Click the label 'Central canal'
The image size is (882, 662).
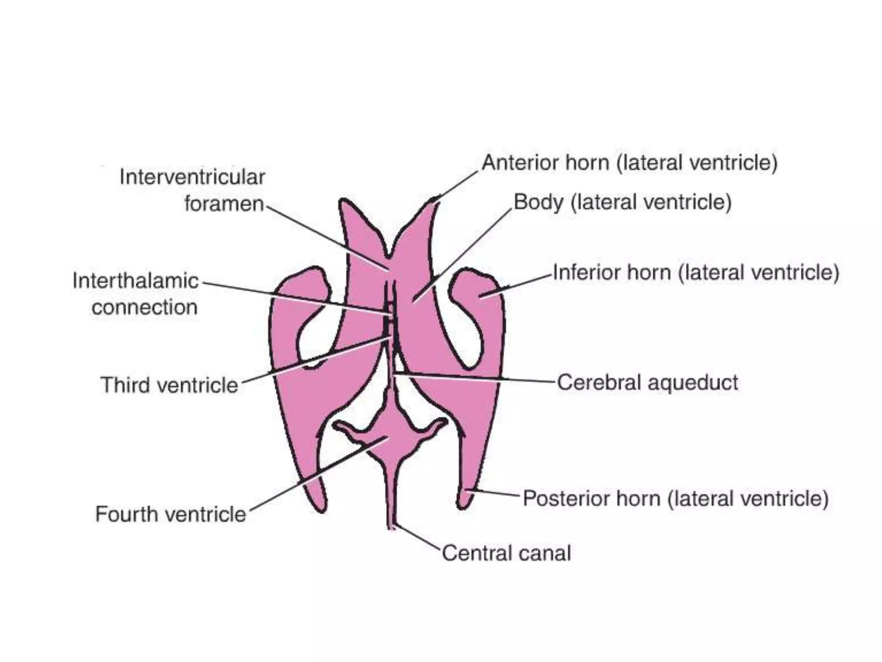tap(506, 553)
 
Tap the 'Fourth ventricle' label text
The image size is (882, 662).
tap(170, 514)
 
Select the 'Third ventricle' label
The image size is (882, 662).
tap(169, 385)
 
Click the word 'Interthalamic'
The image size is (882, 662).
tap(135, 281)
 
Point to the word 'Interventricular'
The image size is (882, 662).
tap(192, 177)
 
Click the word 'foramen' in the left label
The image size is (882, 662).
tap(224, 203)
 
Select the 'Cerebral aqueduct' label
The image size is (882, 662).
tap(647, 382)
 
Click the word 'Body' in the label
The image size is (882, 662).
tap(538, 202)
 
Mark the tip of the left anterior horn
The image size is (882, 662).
tap(344, 202)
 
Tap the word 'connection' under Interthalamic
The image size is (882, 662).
tap(145, 308)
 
